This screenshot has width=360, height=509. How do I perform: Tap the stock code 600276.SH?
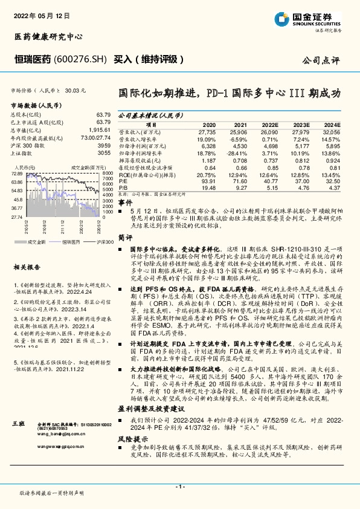pyautogui.click(x=80, y=59)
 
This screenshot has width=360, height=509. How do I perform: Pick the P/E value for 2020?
pyautogui.click(x=207, y=180)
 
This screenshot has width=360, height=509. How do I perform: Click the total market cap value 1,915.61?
pyautogui.click(x=101, y=130)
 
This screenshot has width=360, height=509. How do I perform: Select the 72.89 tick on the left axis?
pyautogui.click(x=16, y=173)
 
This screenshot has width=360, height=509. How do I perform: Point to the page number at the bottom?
pyautogui.click(x=180, y=487)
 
